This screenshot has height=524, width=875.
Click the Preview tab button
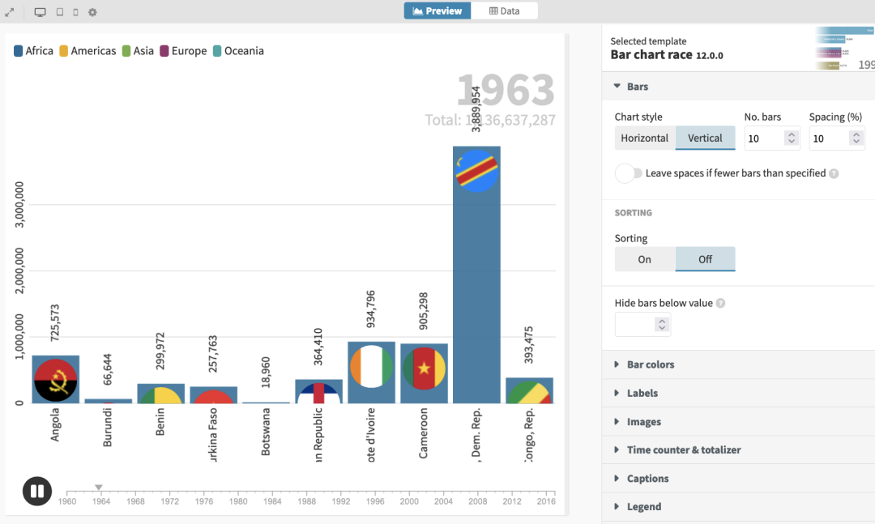[437, 11]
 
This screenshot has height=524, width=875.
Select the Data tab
[505, 11]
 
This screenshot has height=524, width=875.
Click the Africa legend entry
[33, 51]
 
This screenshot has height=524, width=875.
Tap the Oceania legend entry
[238, 51]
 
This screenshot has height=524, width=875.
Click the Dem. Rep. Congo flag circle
[476, 170]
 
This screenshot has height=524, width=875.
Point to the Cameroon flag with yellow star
[424, 369]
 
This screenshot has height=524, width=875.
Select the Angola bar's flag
[56, 380]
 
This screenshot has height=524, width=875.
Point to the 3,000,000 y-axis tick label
[19, 206]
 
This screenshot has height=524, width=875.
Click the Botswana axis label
[267, 432]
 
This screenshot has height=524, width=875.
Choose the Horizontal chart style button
[645, 138]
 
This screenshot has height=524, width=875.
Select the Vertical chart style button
[705, 138]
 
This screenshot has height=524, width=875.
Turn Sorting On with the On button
[645, 259]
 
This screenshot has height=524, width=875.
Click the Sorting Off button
[705, 259]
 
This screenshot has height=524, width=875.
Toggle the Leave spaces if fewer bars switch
[629, 173]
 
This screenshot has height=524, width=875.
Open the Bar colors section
[650, 364]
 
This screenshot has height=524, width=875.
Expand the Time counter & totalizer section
[683, 449]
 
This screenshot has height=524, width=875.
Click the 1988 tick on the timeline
[307, 492]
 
